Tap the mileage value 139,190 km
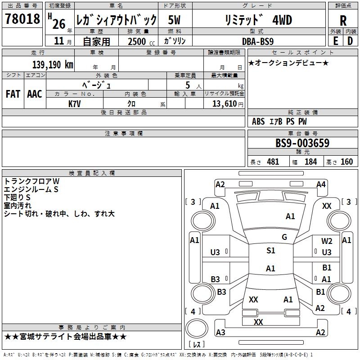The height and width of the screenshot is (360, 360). [53, 64]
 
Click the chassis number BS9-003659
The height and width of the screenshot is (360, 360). [302, 144]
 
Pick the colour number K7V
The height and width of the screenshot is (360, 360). [75, 103]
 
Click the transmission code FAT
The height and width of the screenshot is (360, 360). [13, 94]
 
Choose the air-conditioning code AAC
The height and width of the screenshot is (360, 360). [35, 94]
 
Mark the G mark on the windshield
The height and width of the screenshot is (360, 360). [284, 237]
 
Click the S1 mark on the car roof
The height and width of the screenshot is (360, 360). [270, 251]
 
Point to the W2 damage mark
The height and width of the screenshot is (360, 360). [327, 241]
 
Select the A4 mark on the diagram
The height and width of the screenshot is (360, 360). [321, 184]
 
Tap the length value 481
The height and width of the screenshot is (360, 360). [273, 162]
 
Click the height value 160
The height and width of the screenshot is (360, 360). [346, 162]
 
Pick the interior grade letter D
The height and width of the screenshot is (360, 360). [350, 41]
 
